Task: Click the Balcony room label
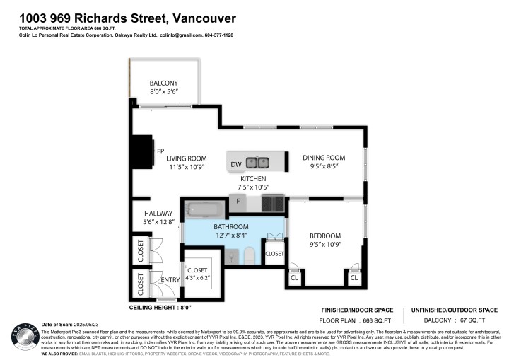[x=163, y=83]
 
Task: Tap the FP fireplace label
[x=160, y=151]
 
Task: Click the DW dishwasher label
[x=236, y=165]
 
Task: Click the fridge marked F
[x=238, y=202]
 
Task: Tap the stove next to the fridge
[x=273, y=204]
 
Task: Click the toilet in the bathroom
[x=250, y=256]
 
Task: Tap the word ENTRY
[x=170, y=281]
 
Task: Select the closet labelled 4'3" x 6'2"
[x=197, y=274]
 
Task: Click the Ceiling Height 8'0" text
[x=160, y=308]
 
